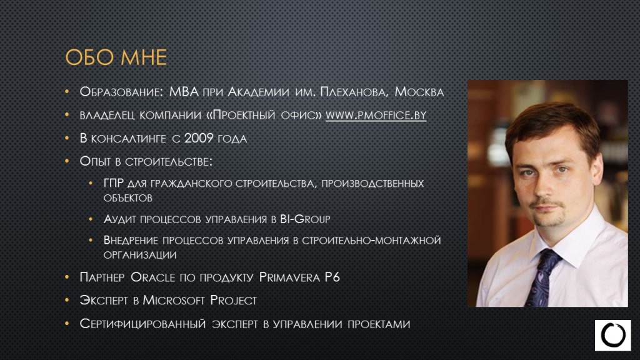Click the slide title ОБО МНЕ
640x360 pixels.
click(116, 57)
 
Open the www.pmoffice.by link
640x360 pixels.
click(376, 115)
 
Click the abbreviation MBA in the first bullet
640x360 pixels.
click(184, 91)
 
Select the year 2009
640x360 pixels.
click(198, 138)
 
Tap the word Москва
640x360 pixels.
click(419, 91)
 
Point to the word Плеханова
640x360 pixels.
click(354, 92)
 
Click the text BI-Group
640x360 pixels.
click(305, 219)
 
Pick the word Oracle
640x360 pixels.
click(152, 277)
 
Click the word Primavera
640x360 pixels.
click(289, 277)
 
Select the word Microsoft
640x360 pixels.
click(174, 301)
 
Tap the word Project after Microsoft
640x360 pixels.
click(234, 301)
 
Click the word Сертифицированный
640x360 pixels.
click(142, 324)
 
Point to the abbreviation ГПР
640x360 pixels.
click(114, 183)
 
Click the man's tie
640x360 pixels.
click(542, 277)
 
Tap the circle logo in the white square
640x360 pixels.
click(612, 335)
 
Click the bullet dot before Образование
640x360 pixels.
click(67, 91)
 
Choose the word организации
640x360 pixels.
click(140, 255)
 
